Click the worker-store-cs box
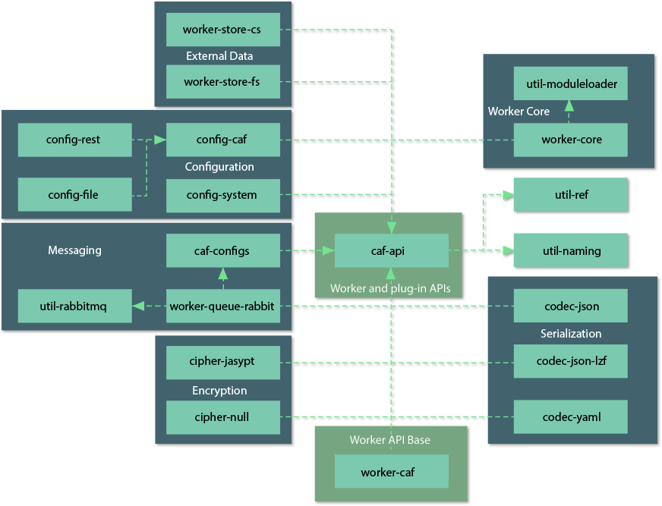coord(222,30)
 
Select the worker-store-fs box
coord(222,82)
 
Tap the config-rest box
coord(74,140)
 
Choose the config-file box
coord(74,195)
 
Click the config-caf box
coord(222,140)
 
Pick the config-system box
coord(222,195)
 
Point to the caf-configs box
coord(222,250)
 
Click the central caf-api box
coord(391,250)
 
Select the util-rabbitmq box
coord(74,306)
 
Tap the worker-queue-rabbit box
coord(222,306)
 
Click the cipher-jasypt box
coord(222,361)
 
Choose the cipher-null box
coord(222,416)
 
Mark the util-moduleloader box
coord(571,83)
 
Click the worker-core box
coord(571,140)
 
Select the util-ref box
coord(571,195)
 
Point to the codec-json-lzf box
coord(571,361)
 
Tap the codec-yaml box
coord(571,416)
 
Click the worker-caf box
coord(391,472)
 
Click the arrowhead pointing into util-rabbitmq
coord(137,306)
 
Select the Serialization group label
coord(571,334)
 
